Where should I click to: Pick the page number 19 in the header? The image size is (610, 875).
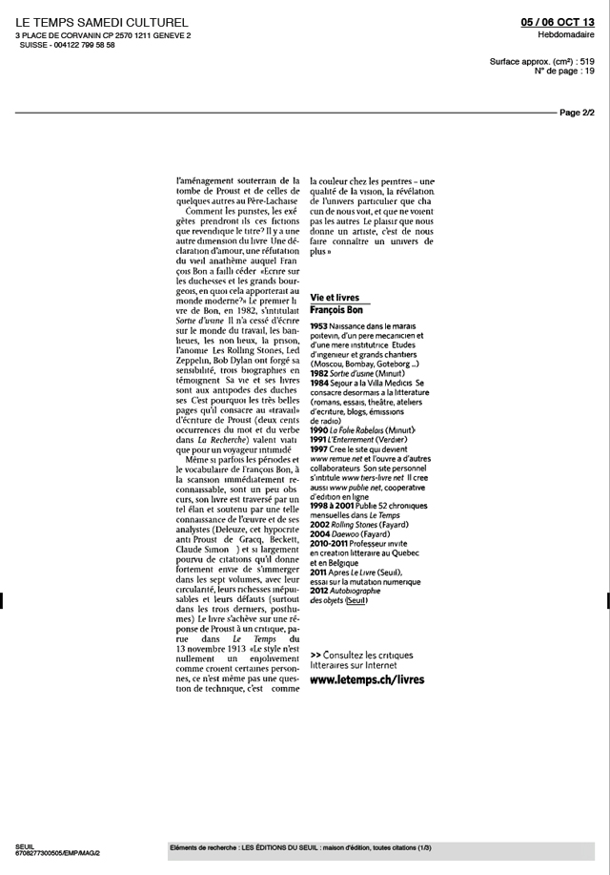pyautogui.click(x=589, y=71)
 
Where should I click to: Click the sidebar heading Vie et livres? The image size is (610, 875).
pyautogui.click(x=335, y=299)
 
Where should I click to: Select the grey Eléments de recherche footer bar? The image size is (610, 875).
pyautogui.click(x=380, y=847)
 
